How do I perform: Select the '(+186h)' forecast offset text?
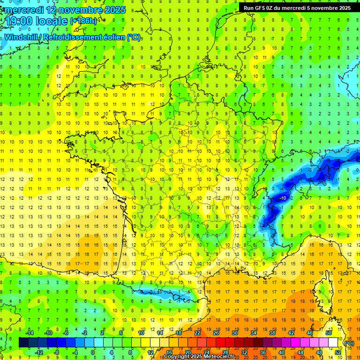click(x=83, y=21)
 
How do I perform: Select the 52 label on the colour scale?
click(x=337, y=352)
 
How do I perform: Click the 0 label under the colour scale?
click(x=93, y=352)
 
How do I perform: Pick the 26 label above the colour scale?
click(x=216, y=333)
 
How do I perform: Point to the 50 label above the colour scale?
click(x=329, y=333)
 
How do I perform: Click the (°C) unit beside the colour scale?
click(x=349, y=343)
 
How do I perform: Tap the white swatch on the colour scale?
click(x=333, y=343)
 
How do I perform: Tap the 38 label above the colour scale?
click(x=272, y=333)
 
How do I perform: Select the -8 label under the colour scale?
click(x=56, y=352)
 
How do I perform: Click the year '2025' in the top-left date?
click(x=114, y=9)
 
